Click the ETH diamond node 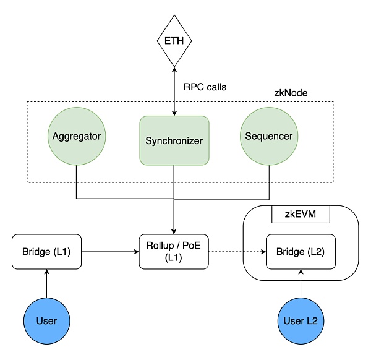click(x=174, y=41)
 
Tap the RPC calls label click(x=205, y=87)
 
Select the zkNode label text click(x=291, y=93)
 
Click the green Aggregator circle click(x=76, y=135)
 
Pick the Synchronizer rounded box click(x=174, y=140)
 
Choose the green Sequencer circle click(x=270, y=135)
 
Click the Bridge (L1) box click(x=46, y=252)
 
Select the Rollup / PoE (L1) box click(x=174, y=252)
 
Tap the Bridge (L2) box click(x=301, y=252)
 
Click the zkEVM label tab click(x=301, y=215)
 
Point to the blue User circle click(x=46, y=320)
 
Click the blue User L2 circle click(x=301, y=320)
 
